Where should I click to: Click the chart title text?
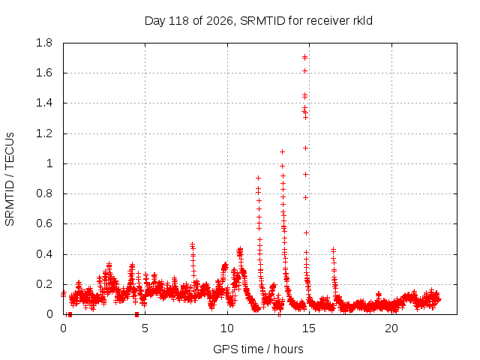click(x=258, y=21)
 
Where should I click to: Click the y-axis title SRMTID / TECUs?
click(x=10, y=179)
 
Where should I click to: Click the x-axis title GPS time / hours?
click(x=258, y=349)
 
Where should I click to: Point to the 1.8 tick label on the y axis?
click(x=44, y=43)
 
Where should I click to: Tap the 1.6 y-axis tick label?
click(x=44, y=73)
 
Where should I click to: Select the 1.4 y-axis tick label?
click(x=44, y=103)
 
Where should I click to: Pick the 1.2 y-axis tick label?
click(x=44, y=133)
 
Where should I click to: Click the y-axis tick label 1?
click(x=49, y=163)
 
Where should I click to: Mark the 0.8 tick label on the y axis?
click(x=44, y=193)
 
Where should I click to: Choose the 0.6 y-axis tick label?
click(x=44, y=223)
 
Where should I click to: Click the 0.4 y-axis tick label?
click(x=44, y=254)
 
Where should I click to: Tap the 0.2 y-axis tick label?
click(x=44, y=284)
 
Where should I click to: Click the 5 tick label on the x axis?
click(x=145, y=328)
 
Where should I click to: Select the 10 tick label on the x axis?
click(x=227, y=328)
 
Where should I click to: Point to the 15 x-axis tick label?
click(x=309, y=328)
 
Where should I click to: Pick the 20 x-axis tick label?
click(x=391, y=328)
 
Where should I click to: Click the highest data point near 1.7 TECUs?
click(x=305, y=57)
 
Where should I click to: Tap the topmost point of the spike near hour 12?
click(x=258, y=178)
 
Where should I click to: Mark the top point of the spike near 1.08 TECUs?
click(x=282, y=151)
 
